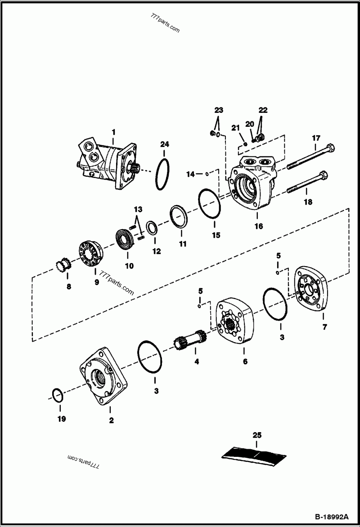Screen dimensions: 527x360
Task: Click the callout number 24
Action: point(165,144)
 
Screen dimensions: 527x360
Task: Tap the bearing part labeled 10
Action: point(124,237)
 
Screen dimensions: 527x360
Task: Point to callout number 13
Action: point(138,209)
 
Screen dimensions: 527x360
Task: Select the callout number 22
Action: point(263,110)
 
